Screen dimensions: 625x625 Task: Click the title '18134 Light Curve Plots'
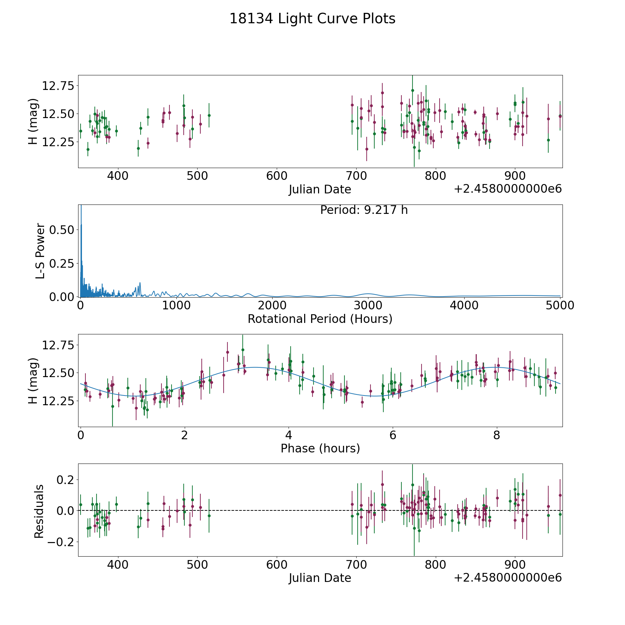point(312,19)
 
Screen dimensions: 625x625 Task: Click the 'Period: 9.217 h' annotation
point(364,210)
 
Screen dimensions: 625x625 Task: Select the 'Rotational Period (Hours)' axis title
point(320,319)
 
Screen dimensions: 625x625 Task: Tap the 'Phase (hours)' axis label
point(320,448)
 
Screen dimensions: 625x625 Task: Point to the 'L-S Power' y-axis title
point(40,251)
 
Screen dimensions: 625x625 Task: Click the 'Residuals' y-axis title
point(39,511)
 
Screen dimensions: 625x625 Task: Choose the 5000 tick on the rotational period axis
point(560,306)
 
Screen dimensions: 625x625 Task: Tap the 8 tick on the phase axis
point(497,435)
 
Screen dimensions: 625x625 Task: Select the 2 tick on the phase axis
point(184,435)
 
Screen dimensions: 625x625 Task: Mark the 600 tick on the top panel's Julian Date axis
point(277,176)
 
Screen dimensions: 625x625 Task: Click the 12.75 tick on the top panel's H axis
point(58,85)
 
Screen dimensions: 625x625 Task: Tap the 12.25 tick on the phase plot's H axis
point(58,401)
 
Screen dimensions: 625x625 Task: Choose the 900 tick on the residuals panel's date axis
point(515,565)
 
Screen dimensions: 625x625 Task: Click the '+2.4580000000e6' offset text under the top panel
point(508,189)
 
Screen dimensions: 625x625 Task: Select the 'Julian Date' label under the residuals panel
point(320,578)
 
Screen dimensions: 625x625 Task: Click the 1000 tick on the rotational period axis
point(176,306)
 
